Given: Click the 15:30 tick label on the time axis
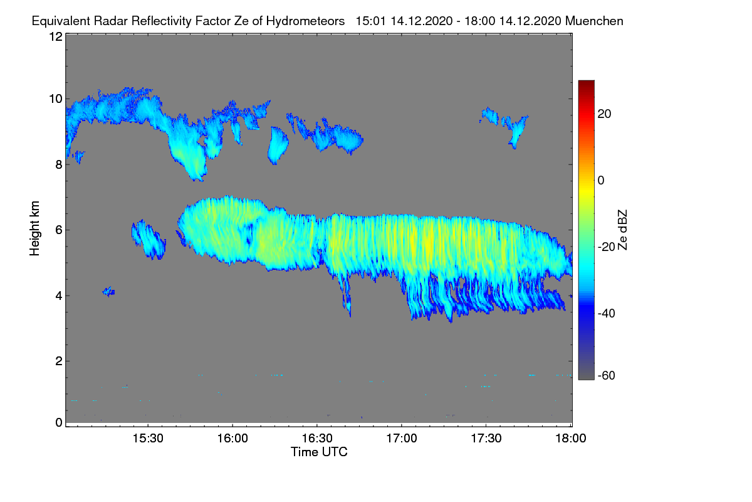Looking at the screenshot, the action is [x=148, y=439].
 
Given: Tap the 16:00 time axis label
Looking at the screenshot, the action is [x=232, y=439].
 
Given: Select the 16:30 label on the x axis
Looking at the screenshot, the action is [x=317, y=439].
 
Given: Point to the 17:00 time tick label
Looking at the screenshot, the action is [x=402, y=439].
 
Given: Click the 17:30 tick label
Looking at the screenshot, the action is [x=486, y=439].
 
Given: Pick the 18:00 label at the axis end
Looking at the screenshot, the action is [x=571, y=439].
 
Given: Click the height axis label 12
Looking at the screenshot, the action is [x=56, y=36].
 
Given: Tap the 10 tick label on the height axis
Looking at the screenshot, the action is [x=56, y=99].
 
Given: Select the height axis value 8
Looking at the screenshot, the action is [x=59, y=164].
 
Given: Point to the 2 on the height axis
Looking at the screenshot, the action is [x=59, y=361].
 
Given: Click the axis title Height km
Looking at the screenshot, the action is [x=34, y=228].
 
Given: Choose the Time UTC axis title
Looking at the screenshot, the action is [x=319, y=452].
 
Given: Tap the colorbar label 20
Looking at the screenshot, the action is [x=604, y=114].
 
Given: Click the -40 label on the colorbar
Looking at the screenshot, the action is [x=607, y=313].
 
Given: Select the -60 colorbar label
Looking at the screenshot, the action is [x=607, y=376].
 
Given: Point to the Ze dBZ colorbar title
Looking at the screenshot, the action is [x=622, y=230].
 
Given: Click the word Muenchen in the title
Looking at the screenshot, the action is [x=594, y=21].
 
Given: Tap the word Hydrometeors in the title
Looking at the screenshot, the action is [x=306, y=21].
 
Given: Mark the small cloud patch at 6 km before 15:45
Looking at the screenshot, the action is [x=149, y=240].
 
